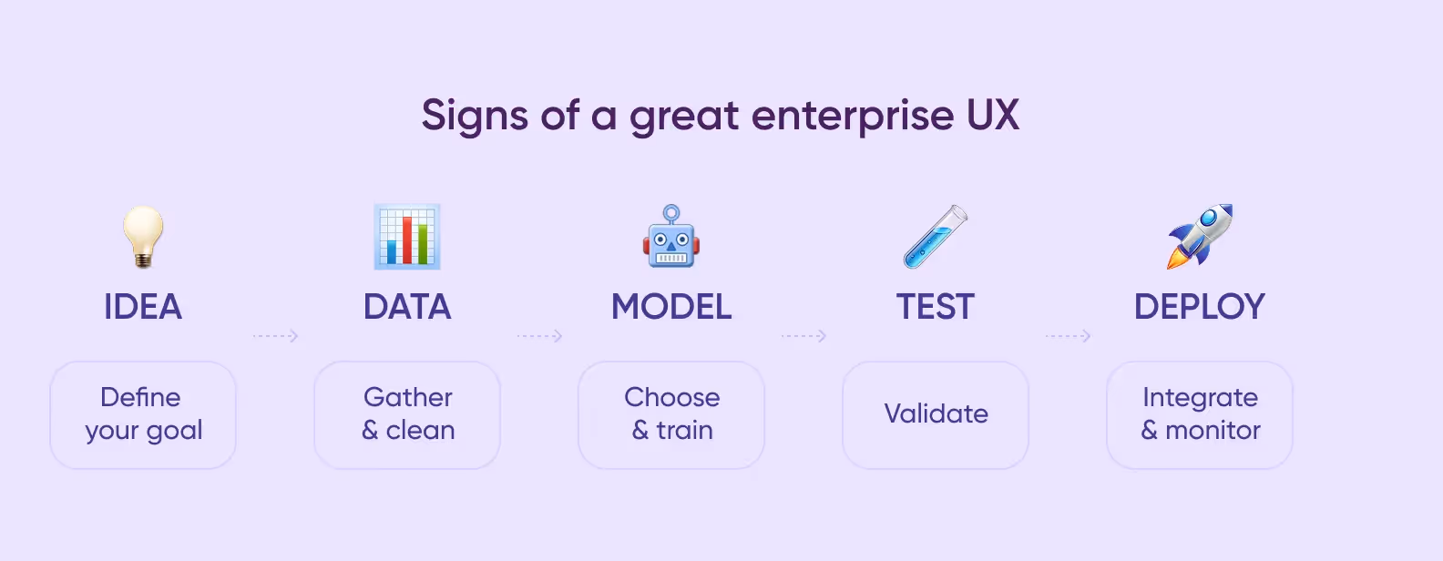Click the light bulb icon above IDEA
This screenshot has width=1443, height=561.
coord(143,236)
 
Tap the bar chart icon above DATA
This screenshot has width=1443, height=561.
coord(407,237)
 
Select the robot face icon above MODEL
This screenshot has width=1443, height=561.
coord(671,237)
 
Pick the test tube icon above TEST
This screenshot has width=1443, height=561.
coord(936,237)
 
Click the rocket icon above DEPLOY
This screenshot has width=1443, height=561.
coord(1200,237)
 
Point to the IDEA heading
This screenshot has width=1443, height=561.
coord(143,307)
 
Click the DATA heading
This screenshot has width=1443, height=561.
coord(407,307)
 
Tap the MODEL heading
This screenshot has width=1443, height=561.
coord(671,307)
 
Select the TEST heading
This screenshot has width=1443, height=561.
coord(936,307)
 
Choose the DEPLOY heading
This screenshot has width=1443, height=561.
coord(1200,307)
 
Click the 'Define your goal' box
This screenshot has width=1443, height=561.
coord(143,414)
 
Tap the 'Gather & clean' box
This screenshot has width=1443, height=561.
coord(407,414)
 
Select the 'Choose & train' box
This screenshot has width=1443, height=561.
coord(671,414)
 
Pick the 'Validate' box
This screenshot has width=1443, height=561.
coord(936,414)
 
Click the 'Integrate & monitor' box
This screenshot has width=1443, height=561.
coord(1200,414)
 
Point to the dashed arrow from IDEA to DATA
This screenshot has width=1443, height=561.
coord(275,336)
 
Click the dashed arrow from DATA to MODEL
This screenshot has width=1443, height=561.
coord(539,336)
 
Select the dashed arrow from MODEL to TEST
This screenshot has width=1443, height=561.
coord(803,336)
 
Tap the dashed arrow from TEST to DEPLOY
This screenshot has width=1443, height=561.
coord(1068,336)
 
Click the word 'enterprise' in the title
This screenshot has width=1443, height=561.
coord(853,117)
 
